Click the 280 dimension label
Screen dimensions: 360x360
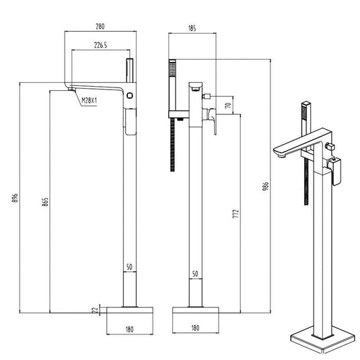pyautogui.click(x=100, y=26)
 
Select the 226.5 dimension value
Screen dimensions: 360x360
pyautogui.click(x=100, y=45)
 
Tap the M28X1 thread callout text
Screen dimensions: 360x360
pyautogui.click(x=89, y=100)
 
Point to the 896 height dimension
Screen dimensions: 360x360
pyautogui.click(x=15, y=198)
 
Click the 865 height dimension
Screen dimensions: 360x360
pyautogui.click(x=45, y=202)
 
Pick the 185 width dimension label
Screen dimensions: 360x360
pyautogui.click(x=192, y=28)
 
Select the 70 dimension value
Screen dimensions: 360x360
pyautogui.click(x=227, y=106)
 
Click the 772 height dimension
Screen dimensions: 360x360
pyautogui.click(x=236, y=213)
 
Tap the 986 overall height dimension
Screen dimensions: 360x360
pyautogui.click(x=265, y=187)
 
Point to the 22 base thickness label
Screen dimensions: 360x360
pyautogui.click(x=95, y=310)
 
